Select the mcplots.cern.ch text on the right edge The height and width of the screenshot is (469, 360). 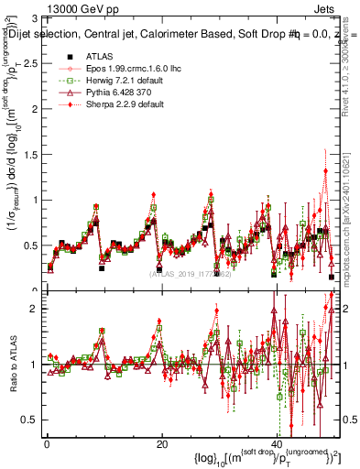point(350,238)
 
